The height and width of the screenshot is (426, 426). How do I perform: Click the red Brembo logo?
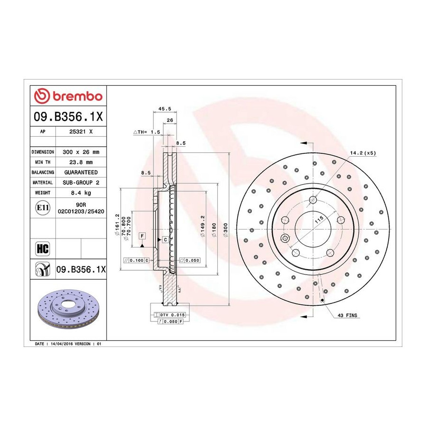(x=68, y=96)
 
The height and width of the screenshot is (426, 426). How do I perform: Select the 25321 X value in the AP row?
(x=81, y=132)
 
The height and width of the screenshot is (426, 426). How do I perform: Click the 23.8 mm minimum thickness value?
(x=81, y=162)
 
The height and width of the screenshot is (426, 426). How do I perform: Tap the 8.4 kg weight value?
(x=81, y=193)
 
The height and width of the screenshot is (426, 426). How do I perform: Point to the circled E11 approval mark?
(x=43, y=208)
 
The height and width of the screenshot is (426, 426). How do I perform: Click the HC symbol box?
(x=43, y=248)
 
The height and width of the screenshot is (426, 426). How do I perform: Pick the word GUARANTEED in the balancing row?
(x=81, y=172)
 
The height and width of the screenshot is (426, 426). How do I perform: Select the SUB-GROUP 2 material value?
(x=81, y=183)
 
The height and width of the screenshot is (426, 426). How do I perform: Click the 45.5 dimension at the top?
(x=165, y=109)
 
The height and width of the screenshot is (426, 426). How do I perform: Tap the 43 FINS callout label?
(x=347, y=315)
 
